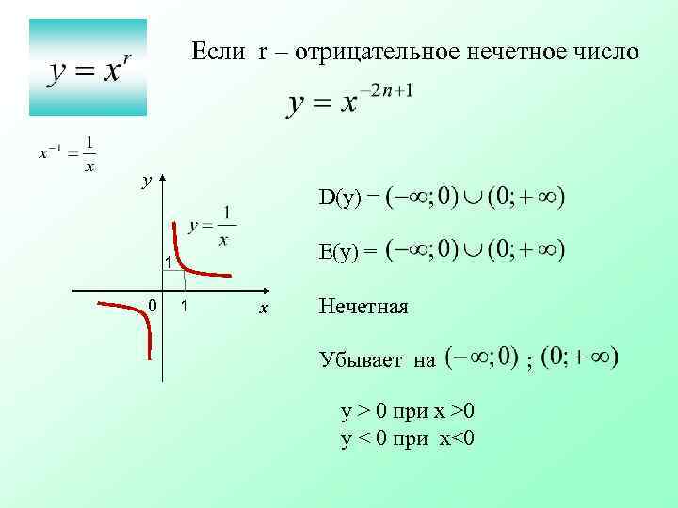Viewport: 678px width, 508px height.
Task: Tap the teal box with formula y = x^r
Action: pos(88,67)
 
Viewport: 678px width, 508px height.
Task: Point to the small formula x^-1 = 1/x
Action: pos(67,153)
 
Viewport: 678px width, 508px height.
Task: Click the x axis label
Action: pos(265,308)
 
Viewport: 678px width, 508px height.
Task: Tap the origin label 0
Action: pos(152,304)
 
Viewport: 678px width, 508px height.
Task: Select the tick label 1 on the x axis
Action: pos(186,306)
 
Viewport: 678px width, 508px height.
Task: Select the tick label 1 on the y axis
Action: pos(164,261)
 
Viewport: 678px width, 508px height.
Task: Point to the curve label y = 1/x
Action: pos(212,227)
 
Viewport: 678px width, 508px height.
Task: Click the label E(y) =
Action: pos(347,251)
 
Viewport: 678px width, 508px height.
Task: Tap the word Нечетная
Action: pos(363,306)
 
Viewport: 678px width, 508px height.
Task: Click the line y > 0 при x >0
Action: pos(408,411)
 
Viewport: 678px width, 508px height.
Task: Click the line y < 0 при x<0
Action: pos(408,437)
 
